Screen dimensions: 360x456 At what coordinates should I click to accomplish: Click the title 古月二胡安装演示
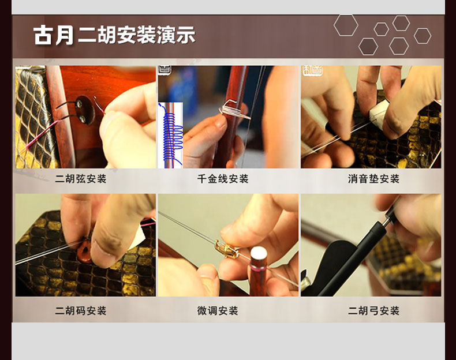click(x=114, y=36)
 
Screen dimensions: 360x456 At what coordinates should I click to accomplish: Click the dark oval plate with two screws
click(x=85, y=110)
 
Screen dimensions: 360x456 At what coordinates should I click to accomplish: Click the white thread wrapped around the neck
click(x=230, y=109)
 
